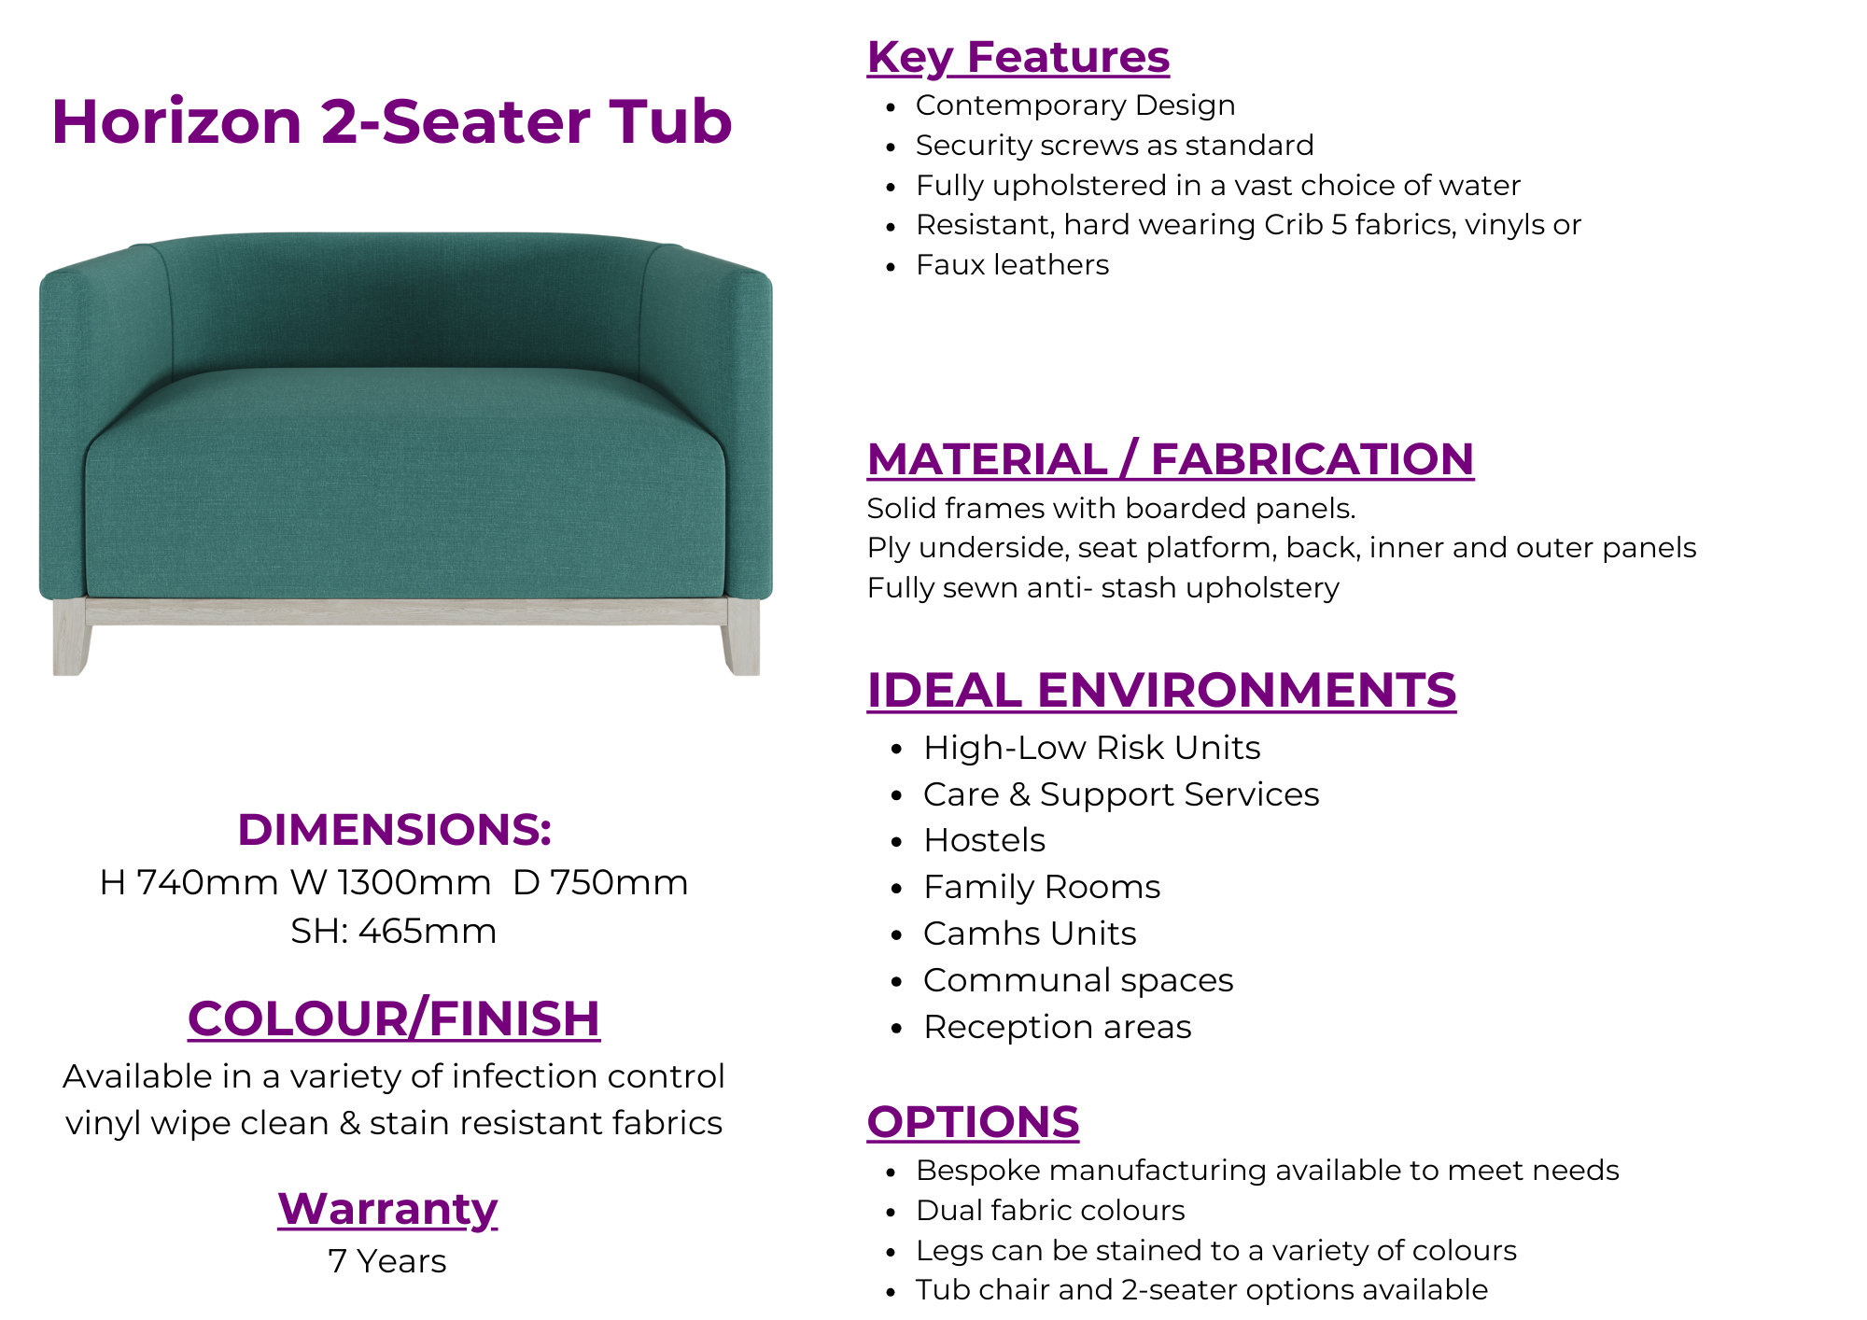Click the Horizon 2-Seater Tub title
(392, 121)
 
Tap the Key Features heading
(1018, 58)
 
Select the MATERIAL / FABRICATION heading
(1171, 459)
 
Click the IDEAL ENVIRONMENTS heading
(1161, 691)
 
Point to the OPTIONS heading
(973, 1122)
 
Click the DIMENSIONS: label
(394, 829)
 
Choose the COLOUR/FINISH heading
(394, 1018)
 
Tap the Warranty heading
(387, 1210)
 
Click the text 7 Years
(387, 1261)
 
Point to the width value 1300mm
(414, 882)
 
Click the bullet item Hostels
(984, 840)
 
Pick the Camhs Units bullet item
(1030, 934)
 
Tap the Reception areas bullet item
(1057, 1027)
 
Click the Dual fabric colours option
(1050, 1210)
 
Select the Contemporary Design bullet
(1075, 105)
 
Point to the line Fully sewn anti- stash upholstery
(1103, 588)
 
